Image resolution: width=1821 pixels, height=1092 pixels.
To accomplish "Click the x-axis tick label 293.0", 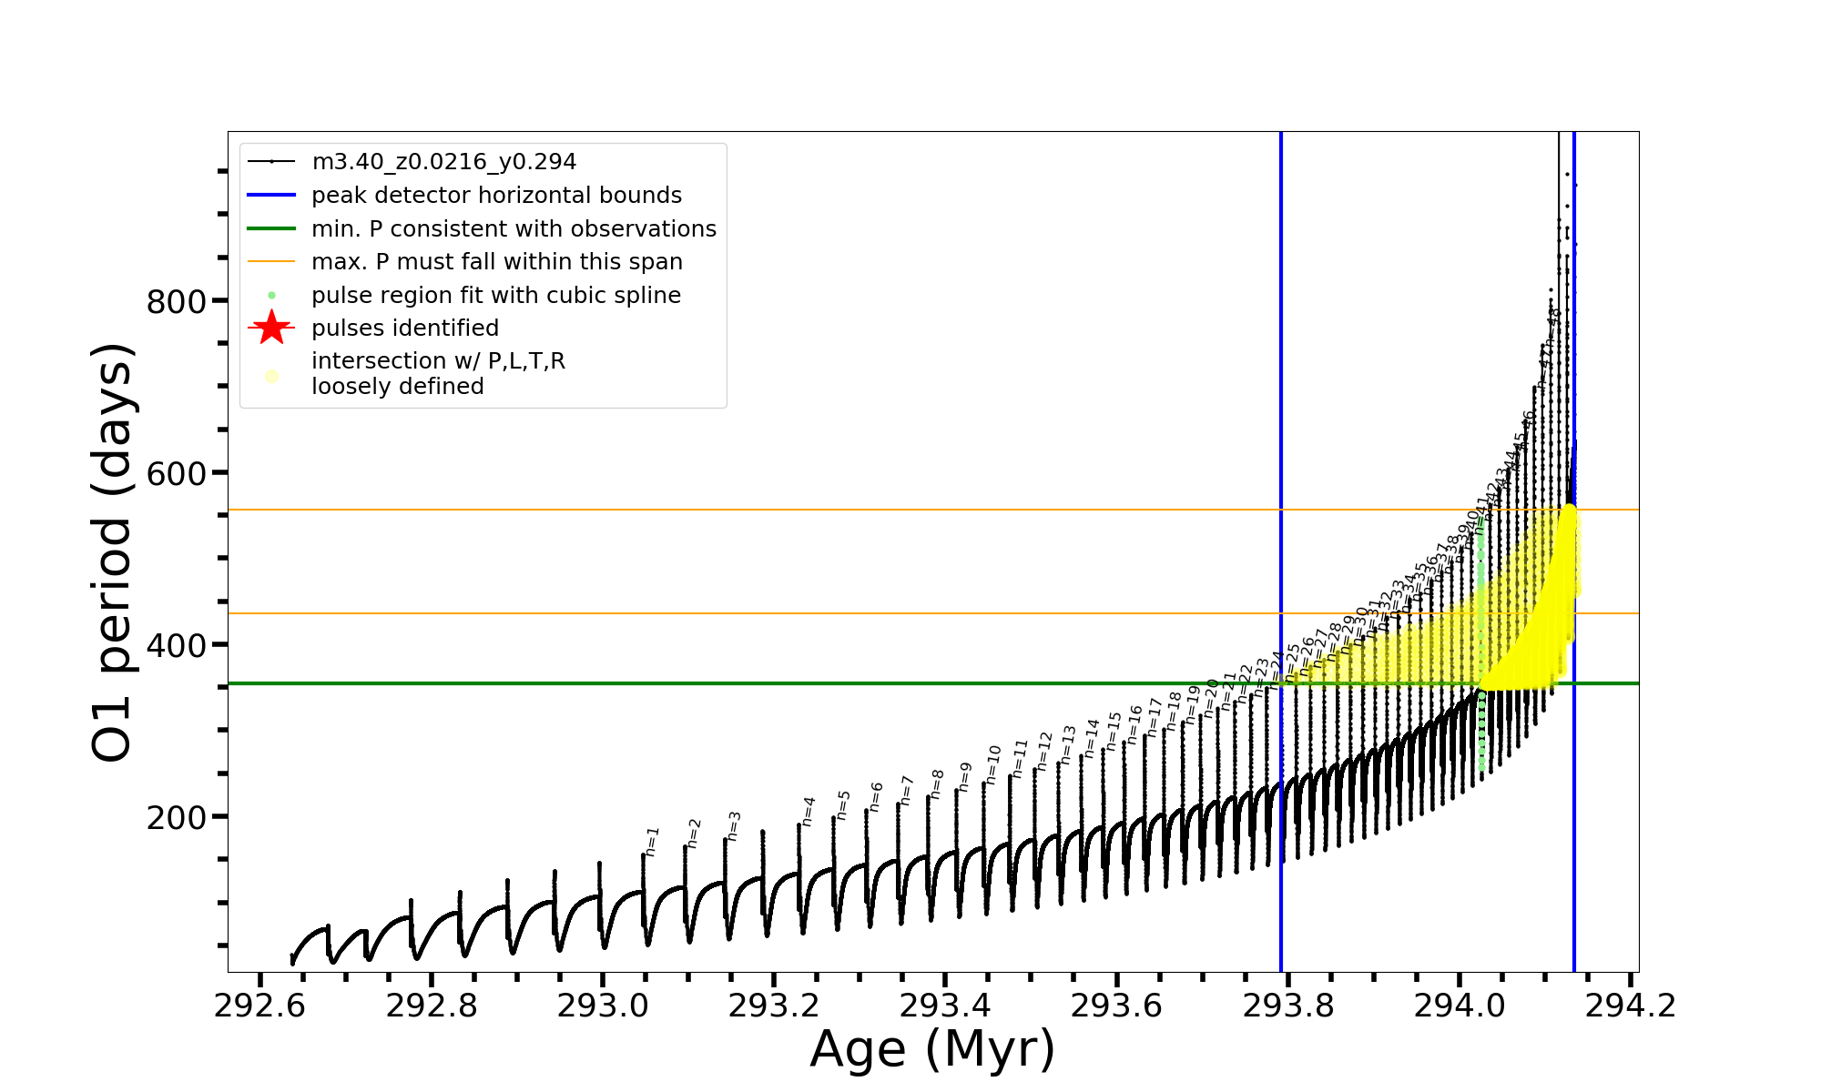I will (x=602, y=1006).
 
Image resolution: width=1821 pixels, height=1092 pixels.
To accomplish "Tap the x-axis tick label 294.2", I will (x=1631, y=1006).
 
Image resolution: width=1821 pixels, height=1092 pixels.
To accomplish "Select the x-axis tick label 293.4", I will (x=945, y=1006).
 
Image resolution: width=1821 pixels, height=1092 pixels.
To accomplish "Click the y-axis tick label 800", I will (x=176, y=301).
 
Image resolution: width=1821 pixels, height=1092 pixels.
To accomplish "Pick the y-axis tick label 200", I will (x=176, y=817).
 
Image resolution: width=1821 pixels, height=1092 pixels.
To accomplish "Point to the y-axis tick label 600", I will (x=176, y=473).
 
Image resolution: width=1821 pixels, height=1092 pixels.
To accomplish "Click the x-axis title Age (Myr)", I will (x=932, y=1049).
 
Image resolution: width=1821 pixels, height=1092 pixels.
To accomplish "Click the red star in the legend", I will (x=271, y=328).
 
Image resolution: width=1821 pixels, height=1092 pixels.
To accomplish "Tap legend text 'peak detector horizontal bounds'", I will (x=496, y=196).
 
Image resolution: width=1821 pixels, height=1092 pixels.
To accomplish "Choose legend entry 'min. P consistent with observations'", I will (x=514, y=228).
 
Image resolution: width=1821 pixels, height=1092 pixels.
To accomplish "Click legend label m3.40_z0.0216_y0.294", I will (x=443, y=162).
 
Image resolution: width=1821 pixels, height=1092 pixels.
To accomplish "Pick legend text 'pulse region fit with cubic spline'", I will (x=495, y=296).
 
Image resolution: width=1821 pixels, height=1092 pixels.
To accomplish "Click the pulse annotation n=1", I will (x=652, y=842).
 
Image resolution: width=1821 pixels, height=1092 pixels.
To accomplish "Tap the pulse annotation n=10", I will (x=993, y=764).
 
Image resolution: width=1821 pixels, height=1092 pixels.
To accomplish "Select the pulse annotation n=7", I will (x=906, y=790).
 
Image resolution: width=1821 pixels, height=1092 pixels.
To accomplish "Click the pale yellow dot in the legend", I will (x=271, y=376).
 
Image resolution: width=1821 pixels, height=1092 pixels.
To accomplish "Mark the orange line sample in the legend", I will (x=271, y=262).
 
